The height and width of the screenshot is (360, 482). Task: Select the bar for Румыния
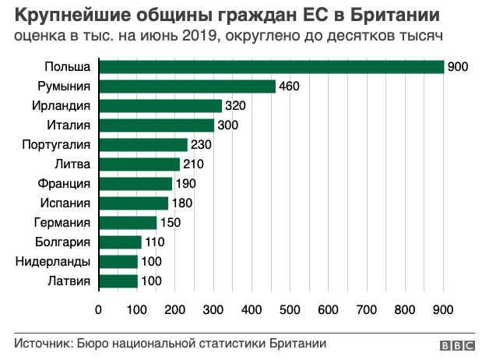click(187, 86)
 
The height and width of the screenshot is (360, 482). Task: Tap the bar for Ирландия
click(160, 106)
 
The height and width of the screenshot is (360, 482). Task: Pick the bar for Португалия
click(142, 145)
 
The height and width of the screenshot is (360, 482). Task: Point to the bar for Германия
click(128, 223)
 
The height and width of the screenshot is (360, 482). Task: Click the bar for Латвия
click(118, 281)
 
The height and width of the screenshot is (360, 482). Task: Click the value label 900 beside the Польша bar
click(458, 67)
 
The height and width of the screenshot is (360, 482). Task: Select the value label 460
click(289, 86)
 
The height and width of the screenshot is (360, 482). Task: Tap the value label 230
click(201, 145)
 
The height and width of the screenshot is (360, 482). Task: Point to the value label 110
click(154, 242)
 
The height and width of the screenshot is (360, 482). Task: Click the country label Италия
click(69, 125)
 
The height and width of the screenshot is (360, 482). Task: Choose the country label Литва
click(72, 164)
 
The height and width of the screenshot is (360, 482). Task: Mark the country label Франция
click(65, 184)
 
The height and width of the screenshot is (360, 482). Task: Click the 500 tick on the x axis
click(290, 310)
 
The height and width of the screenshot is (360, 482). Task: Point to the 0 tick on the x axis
click(98, 310)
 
